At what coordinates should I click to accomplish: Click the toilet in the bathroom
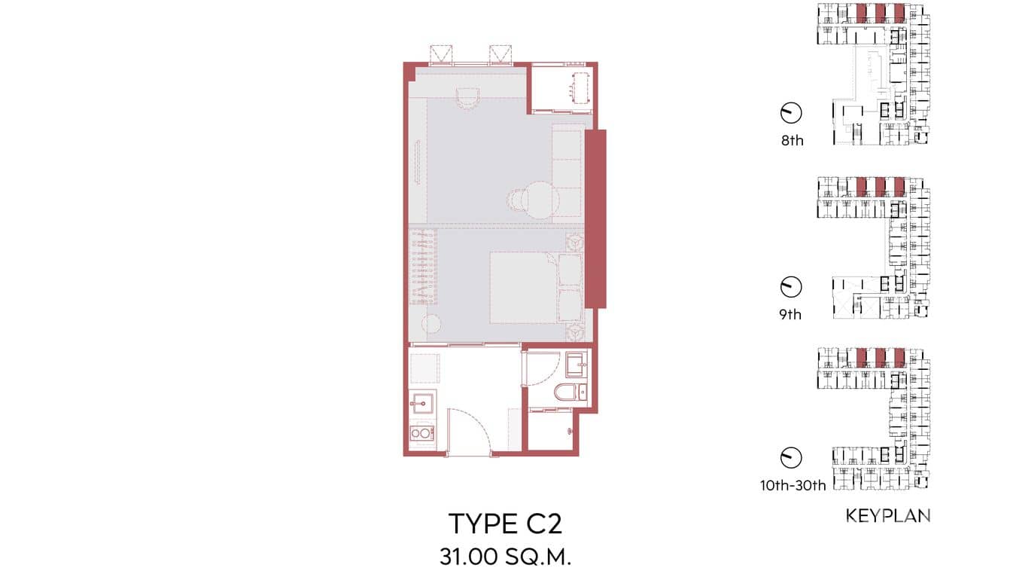570,392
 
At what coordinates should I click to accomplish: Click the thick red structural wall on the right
595,218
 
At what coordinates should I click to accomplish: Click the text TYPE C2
504,524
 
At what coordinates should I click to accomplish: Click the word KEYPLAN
888,516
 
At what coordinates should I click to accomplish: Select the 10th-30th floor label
792,486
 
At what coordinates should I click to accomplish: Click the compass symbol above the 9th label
791,286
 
